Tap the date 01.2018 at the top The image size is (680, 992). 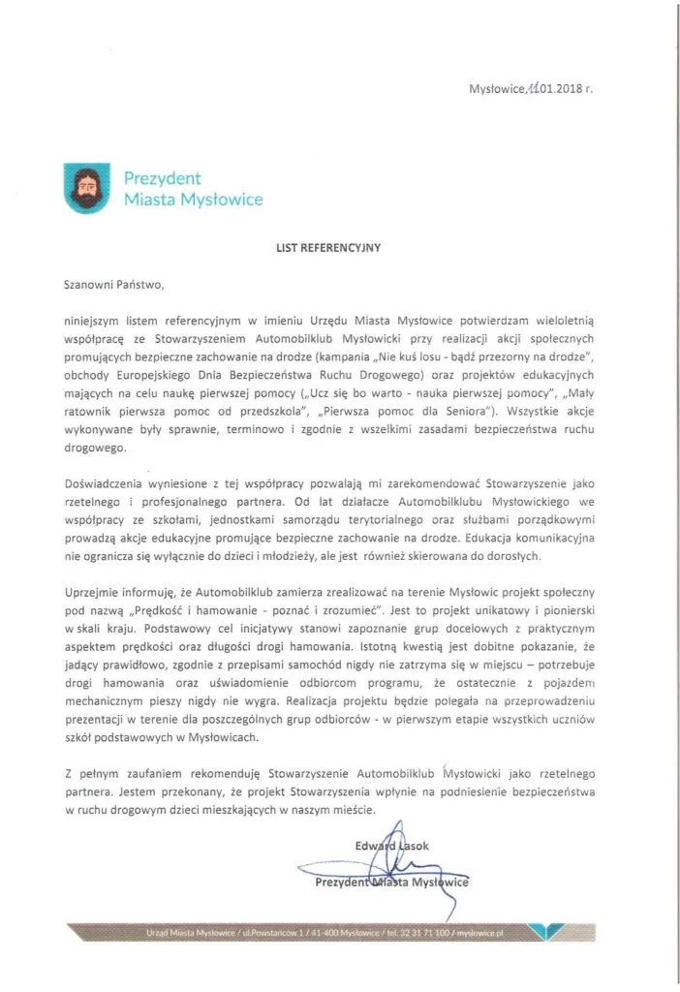559,88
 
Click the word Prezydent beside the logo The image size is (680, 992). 162,177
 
